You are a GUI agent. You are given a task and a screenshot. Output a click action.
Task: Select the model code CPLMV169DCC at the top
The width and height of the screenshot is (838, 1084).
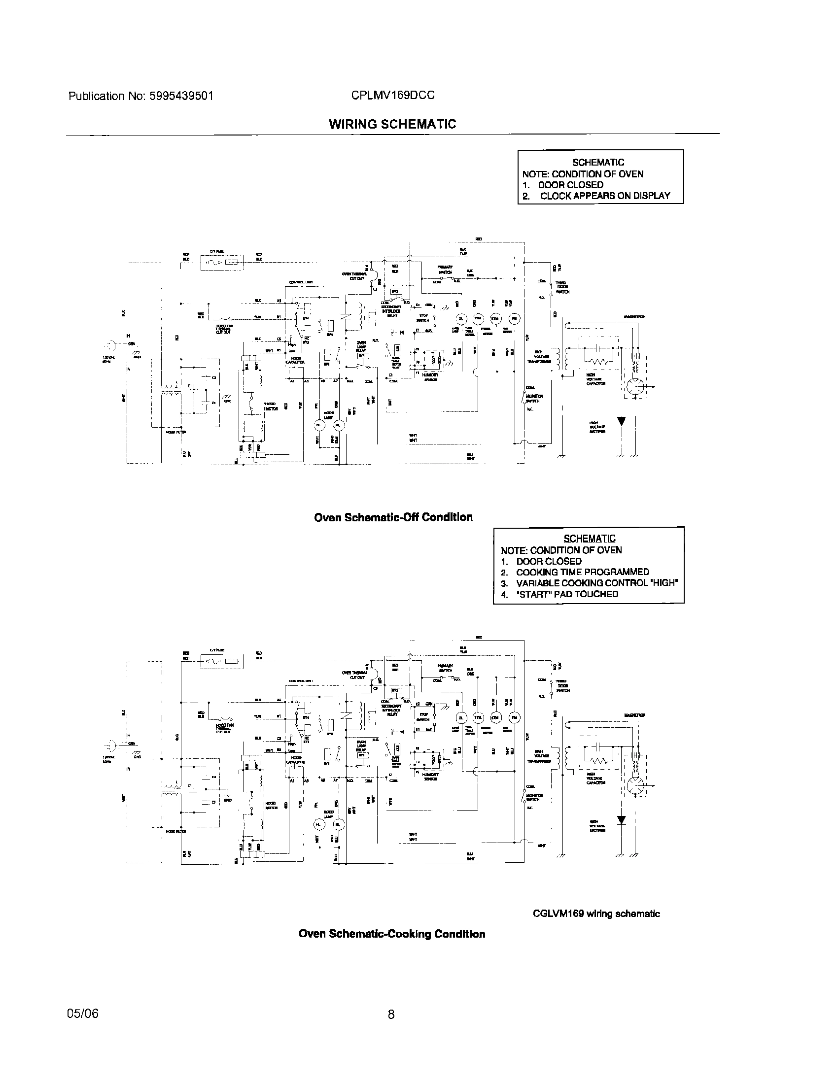click(x=393, y=95)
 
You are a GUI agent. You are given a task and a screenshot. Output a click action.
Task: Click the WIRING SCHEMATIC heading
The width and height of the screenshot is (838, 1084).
click(x=392, y=124)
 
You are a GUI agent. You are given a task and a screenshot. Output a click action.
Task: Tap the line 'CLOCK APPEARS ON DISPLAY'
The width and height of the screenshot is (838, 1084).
click(x=605, y=196)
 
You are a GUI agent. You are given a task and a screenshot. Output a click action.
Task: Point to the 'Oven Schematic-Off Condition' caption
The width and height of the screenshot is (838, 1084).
click(x=393, y=517)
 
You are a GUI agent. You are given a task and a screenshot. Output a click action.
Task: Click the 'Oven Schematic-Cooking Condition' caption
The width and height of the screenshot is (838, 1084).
click(x=392, y=934)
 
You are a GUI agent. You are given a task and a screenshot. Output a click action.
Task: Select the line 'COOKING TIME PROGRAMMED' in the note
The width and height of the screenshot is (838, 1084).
click(x=582, y=572)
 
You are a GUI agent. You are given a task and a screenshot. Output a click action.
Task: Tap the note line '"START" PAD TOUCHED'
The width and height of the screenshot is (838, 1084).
click(x=567, y=594)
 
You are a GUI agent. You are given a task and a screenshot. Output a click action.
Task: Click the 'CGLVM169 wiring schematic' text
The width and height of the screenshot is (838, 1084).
click(x=596, y=914)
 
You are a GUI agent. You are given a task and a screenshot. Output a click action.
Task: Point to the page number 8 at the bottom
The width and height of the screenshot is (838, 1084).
click(x=391, y=1014)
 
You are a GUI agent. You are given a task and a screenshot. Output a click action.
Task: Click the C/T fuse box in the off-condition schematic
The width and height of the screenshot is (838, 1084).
click(x=222, y=263)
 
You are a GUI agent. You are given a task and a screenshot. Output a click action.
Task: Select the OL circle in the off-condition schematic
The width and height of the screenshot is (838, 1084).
click(x=462, y=319)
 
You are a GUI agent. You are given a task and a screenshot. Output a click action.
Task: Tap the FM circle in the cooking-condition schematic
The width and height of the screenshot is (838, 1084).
click(x=514, y=718)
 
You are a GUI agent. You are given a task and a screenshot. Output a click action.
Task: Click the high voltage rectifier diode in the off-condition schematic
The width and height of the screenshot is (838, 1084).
click(x=621, y=421)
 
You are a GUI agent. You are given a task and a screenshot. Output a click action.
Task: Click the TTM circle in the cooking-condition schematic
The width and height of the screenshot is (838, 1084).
click(x=479, y=718)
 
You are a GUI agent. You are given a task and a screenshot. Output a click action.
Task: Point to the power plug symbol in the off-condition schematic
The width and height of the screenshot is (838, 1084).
click(x=109, y=343)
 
